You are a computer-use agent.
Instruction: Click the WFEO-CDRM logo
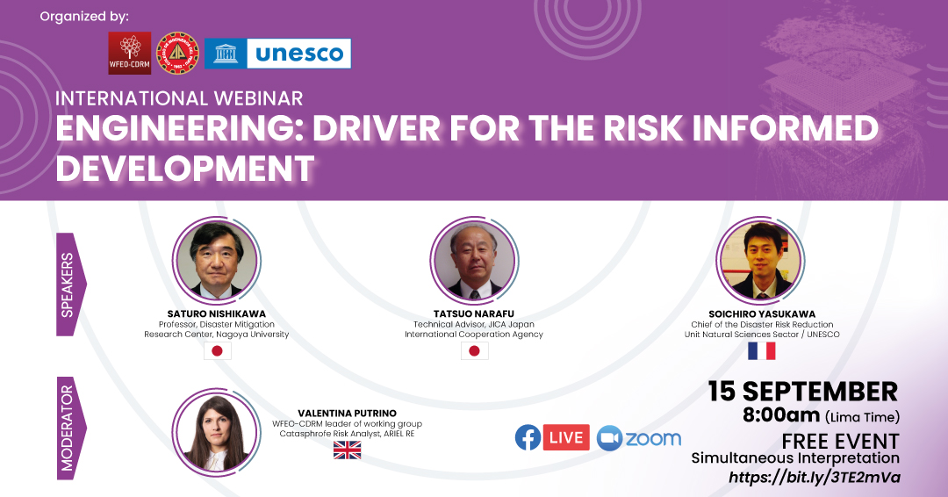coord(129,54)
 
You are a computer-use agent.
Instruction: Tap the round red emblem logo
coord(177,54)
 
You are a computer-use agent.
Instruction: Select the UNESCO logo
coord(277,54)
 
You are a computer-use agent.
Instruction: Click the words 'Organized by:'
coord(84,17)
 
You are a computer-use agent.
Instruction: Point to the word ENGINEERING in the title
coord(179,128)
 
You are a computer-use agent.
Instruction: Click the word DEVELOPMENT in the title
coord(185,168)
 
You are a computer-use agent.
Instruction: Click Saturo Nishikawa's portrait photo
coord(216,261)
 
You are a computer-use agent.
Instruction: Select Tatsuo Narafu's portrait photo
coord(474,261)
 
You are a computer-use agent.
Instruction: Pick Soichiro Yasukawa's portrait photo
coord(760,261)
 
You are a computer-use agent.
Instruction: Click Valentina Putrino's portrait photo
coord(216,432)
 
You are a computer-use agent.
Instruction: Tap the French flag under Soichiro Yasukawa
coord(762,350)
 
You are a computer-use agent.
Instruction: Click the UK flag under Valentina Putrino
coord(347,450)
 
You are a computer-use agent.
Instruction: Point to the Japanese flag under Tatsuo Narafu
coord(475,350)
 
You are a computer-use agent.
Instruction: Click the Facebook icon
coord(528,438)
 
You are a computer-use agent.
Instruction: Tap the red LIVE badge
coord(566,438)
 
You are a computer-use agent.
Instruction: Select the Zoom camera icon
coord(609,438)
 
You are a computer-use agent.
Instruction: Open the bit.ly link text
coord(815,477)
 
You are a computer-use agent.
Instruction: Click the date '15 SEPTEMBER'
coord(803,392)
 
